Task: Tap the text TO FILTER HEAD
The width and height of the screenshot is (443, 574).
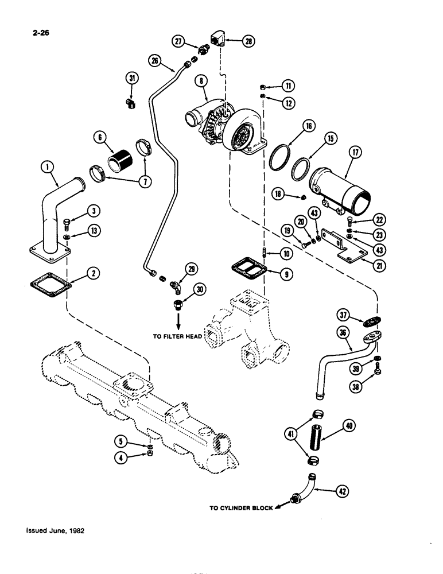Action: click(177, 338)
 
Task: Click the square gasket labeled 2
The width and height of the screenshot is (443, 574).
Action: click(50, 285)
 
